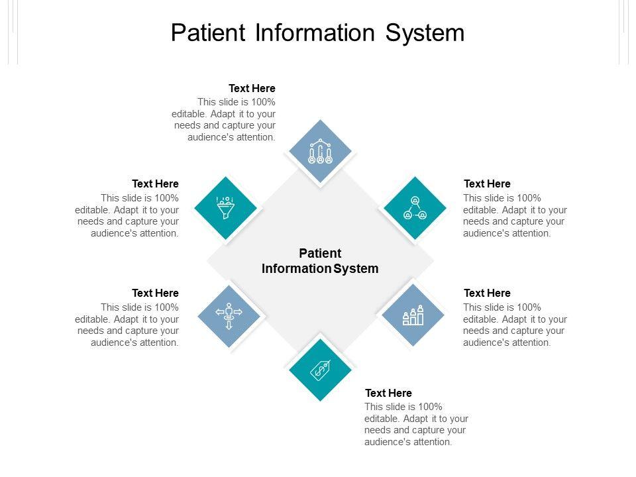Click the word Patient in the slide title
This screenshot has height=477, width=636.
point(208,32)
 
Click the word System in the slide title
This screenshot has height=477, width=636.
point(425,33)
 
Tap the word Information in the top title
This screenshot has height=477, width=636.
point(315,32)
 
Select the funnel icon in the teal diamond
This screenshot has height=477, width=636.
point(225,207)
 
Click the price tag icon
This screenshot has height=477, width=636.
point(321,370)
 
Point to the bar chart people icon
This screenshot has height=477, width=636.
point(413,315)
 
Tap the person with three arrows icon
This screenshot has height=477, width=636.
point(229,316)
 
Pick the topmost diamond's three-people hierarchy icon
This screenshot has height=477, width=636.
point(321,151)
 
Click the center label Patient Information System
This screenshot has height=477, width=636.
point(320,261)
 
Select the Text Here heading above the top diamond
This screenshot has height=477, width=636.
point(252,88)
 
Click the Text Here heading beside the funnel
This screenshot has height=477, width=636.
point(155,184)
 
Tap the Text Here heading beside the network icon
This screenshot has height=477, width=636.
point(487,184)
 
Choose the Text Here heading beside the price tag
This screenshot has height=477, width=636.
point(389,393)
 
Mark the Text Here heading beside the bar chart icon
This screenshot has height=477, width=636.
point(487,293)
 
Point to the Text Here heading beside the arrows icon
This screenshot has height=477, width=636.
point(155,293)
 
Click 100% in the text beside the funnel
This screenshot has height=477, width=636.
point(166,198)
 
